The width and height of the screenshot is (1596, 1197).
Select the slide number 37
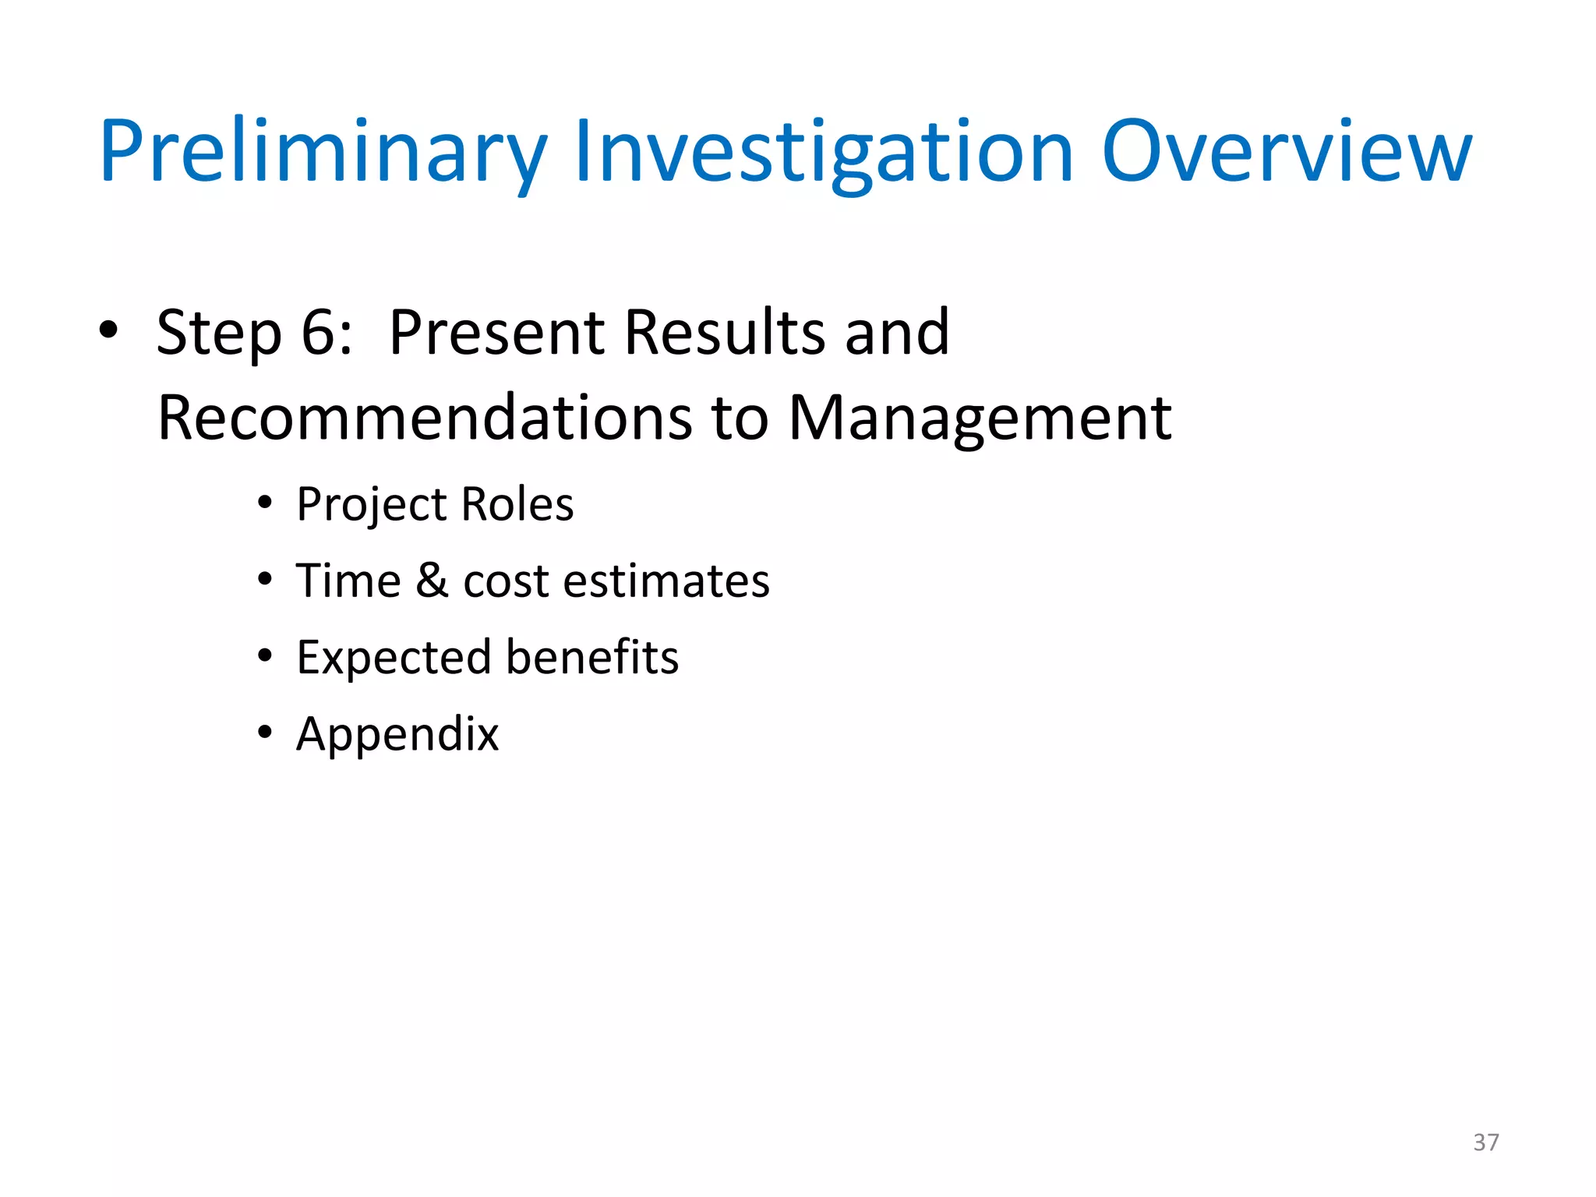pyautogui.click(x=1485, y=1142)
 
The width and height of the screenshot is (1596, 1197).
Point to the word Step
pyautogui.click(x=219, y=333)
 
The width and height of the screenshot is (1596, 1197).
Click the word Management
pyautogui.click(x=980, y=418)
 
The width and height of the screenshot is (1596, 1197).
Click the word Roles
pyautogui.click(x=517, y=505)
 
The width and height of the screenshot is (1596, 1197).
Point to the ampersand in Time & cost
pyautogui.click(x=432, y=581)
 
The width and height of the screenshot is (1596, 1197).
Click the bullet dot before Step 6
pyautogui.click(x=108, y=330)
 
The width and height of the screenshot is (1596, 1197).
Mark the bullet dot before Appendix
pyautogui.click(x=265, y=733)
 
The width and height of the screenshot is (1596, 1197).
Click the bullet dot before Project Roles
pyautogui.click(x=265, y=503)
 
